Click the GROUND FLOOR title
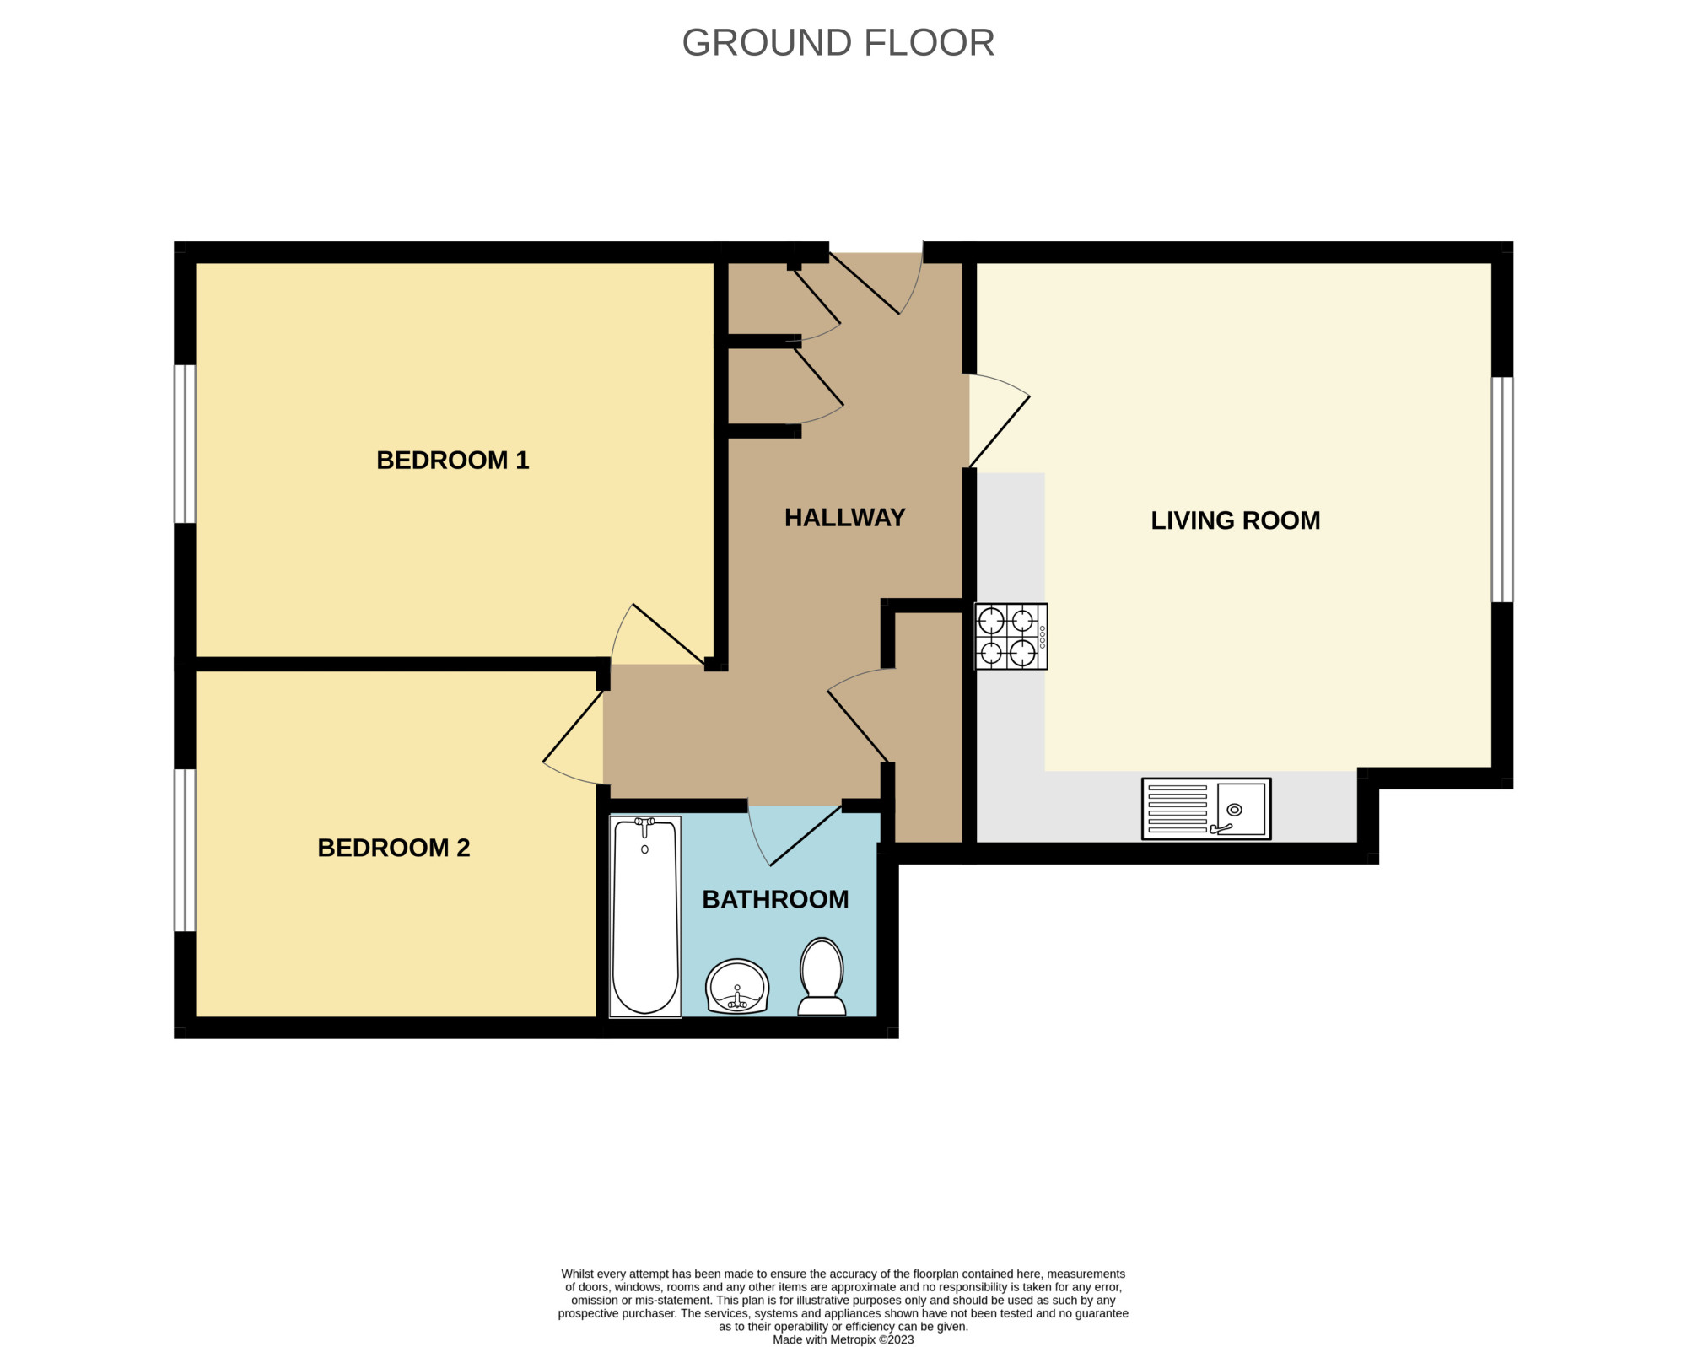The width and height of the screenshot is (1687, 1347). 838,42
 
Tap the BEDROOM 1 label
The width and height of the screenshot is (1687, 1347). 452,460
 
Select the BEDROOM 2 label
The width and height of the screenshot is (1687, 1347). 393,848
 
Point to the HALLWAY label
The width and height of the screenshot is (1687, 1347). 844,517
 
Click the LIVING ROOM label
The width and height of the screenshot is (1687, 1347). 1235,520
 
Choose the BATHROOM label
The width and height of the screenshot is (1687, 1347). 775,899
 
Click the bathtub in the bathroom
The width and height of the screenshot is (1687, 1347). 645,916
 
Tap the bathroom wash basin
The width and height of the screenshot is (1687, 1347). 737,986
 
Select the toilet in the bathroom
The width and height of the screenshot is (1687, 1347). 822,977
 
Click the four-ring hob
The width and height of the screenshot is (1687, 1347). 1011,637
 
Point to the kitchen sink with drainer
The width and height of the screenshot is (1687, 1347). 1206,809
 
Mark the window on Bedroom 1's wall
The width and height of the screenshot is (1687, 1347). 185,444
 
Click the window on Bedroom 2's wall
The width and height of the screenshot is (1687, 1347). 185,850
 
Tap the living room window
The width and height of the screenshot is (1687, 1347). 1502,489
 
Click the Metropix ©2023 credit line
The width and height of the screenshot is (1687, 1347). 843,1339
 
